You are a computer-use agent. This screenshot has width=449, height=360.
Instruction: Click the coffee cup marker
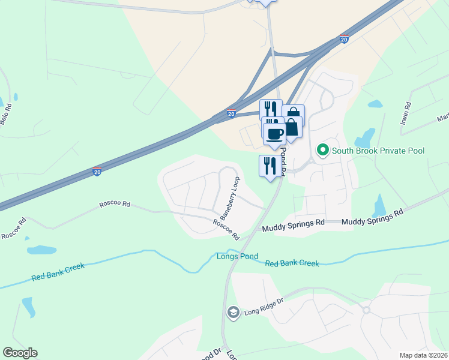(275, 134)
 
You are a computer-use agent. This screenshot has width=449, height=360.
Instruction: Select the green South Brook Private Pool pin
(323, 150)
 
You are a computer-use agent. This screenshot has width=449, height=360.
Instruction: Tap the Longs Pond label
(237, 256)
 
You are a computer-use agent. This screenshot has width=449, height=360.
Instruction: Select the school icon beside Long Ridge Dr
(233, 312)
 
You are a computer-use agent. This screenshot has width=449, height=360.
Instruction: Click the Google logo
(20, 353)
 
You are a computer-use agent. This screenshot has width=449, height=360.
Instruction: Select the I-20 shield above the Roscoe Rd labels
(97, 172)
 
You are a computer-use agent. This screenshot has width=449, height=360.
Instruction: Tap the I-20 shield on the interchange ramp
(231, 113)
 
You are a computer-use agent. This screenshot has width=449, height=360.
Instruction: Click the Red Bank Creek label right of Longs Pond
(292, 263)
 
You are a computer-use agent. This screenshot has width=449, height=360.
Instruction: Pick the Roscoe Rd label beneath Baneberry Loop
(226, 229)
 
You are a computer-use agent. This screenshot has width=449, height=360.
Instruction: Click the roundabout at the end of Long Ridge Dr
(366, 310)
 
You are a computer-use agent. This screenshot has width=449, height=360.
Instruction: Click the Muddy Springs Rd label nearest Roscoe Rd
(293, 226)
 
